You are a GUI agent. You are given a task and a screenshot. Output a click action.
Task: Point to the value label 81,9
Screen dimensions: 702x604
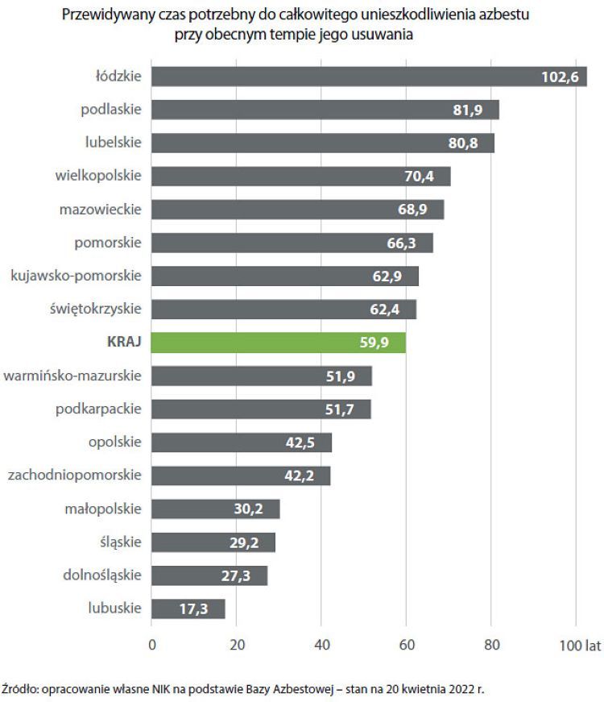coord(467,110)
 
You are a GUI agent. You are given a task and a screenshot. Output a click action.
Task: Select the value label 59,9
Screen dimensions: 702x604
coord(374,343)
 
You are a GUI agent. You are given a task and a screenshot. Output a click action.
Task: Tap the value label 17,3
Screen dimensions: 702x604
coord(193,609)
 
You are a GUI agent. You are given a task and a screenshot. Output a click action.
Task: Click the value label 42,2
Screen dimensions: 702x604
coord(299,476)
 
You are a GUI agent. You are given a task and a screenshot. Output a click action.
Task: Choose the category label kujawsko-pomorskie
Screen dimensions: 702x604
coord(76,276)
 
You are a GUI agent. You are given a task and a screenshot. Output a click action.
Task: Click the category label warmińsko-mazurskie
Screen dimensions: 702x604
coord(72,376)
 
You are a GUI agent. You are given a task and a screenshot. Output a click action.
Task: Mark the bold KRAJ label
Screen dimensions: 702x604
coord(124,342)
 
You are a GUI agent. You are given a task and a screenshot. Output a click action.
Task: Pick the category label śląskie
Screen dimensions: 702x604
coord(118,542)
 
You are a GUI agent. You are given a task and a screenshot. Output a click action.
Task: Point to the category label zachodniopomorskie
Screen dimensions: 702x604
coord(74,476)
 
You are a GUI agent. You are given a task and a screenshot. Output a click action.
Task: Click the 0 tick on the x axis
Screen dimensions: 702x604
coord(151,645)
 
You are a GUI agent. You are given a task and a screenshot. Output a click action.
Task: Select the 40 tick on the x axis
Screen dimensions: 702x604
coord(321,645)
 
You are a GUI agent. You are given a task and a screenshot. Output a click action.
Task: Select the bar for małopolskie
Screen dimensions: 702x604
coord(215,509)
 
